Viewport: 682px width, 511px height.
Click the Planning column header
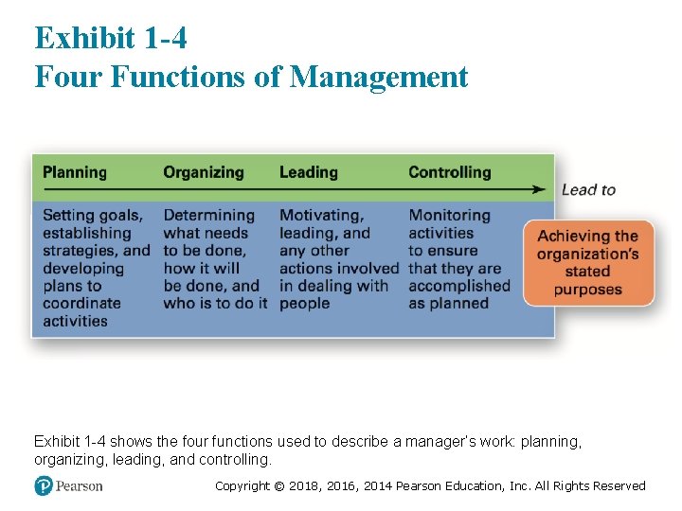[75, 172]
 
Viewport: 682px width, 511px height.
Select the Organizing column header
[203, 172]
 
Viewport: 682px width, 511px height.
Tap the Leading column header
[308, 172]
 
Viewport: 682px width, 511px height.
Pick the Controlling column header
[450, 172]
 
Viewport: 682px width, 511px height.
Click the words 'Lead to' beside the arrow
[588, 189]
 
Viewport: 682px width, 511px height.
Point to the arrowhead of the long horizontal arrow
[540, 189]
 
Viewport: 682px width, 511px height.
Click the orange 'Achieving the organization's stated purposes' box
[588, 262]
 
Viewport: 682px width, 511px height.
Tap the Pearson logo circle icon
[44, 485]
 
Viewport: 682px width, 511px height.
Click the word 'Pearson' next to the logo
[79, 485]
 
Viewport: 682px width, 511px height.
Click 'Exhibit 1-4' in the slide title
[111, 38]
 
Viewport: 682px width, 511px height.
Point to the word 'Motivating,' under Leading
[321, 216]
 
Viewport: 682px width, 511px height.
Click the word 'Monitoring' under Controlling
[450, 216]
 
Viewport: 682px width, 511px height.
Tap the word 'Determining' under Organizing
[208, 216]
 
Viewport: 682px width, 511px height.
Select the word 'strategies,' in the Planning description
[81, 251]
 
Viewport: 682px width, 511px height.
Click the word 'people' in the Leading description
[304, 304]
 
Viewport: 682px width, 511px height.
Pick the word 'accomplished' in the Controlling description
[459, 286]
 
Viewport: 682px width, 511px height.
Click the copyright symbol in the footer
[278, 486]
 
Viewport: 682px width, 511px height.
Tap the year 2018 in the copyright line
[304, 486]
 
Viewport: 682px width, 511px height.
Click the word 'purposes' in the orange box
[588, 289]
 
